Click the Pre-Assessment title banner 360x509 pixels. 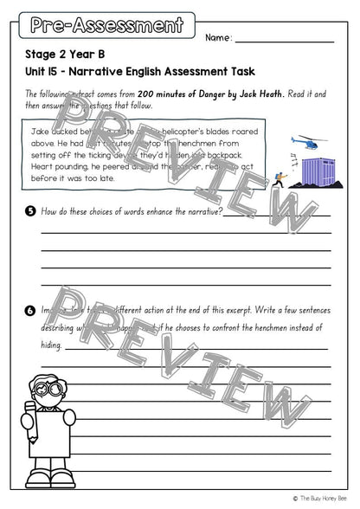(106, 26)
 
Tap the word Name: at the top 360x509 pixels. (219, 38)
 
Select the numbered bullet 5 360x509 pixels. (30, 211)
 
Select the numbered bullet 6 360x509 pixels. (30, 310)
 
